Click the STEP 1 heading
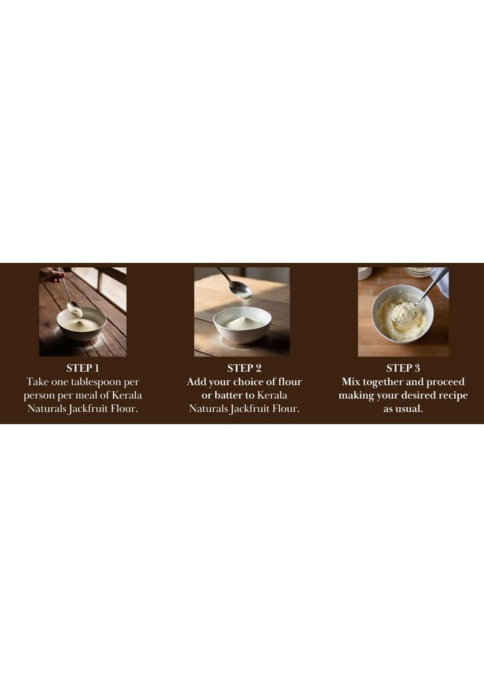(83, 368)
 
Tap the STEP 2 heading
(244, 368)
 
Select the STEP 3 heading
(403, 368)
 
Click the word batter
(228, 395)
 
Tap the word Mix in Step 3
(351, 381)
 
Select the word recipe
(451, 396)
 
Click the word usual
(410, 409)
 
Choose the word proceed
(446, 382)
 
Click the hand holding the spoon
(52, 275)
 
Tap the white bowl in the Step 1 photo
(81, 324)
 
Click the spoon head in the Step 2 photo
(241, 290)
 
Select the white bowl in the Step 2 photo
(242, 325)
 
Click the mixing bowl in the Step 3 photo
(403, 313)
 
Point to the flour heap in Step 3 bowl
(404, 311)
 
